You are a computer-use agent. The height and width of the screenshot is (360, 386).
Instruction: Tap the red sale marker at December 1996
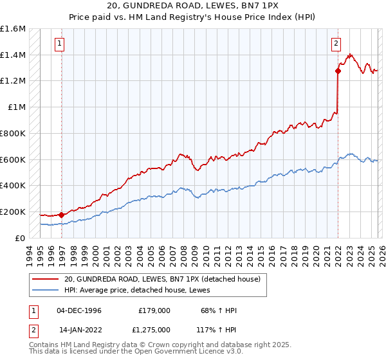pos(62,215)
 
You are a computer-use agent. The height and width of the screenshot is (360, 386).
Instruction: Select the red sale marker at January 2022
pos(338,71)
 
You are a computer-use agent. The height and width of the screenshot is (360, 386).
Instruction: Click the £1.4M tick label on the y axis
pos(13,55)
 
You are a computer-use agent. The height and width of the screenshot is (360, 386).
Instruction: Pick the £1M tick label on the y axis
pos(16,107)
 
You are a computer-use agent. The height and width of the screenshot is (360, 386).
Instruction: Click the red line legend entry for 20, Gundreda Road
pos(161,279)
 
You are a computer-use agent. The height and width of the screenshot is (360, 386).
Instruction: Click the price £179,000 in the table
pos(154,310)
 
